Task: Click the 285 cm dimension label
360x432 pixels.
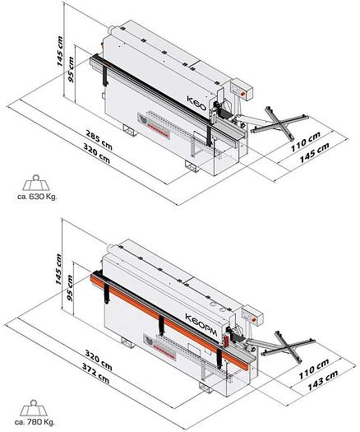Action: tap(99, 140)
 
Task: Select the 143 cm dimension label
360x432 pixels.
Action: tap(322, 380)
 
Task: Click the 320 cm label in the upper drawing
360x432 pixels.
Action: tap(97, 153)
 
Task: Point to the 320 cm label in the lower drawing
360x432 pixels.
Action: tap(99, 360)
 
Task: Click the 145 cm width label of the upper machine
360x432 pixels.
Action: tap(314, 153)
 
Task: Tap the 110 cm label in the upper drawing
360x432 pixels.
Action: tap(306, 142)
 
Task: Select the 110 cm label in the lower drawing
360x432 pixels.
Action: tap(313, 369)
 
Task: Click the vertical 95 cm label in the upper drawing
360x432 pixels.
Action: tap(71, 69)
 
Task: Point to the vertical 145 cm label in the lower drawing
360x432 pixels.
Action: tap(59, 269)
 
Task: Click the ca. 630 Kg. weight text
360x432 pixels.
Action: tap(37, 197)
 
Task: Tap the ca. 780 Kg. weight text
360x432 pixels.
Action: tap(35, 422)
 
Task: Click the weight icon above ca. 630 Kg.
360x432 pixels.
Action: tap(36, 183)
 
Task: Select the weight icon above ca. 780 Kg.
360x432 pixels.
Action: tap(34, 408)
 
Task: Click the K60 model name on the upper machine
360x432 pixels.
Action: tap(196, 103)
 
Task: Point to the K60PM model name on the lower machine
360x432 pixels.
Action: tap(201, 324)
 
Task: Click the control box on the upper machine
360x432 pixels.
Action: tap(242, 89)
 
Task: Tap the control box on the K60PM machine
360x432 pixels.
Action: tap(252, 316)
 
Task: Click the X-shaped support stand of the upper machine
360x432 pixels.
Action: tap(280, 123)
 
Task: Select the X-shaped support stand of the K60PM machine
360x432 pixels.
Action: tap(288, 346)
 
